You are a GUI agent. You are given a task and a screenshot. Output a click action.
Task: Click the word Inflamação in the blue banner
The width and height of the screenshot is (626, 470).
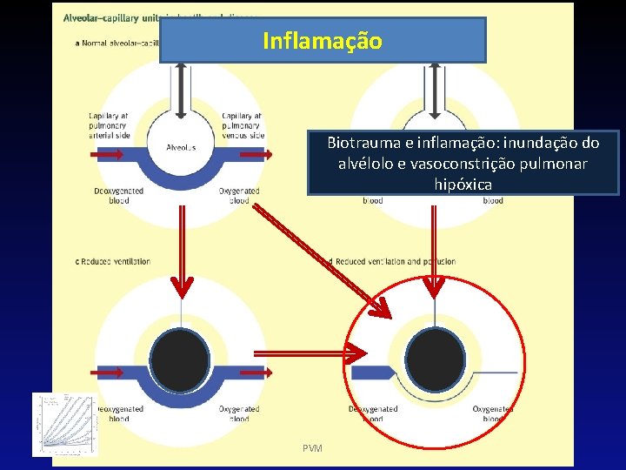click(322, 41)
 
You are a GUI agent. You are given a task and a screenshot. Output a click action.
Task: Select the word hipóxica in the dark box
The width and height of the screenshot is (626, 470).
click(463, 185)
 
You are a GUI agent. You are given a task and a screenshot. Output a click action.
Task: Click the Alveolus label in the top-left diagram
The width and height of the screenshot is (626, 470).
click(181, 147)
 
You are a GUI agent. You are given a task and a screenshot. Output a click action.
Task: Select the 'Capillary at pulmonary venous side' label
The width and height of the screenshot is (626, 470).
click(243, 125)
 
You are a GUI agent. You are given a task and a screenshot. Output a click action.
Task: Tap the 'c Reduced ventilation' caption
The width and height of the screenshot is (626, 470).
click(112, 261)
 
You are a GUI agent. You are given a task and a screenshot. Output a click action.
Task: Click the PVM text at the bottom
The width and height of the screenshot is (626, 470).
click(312, 447)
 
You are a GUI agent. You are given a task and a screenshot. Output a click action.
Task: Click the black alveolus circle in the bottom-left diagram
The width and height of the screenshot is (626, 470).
click(179, 360)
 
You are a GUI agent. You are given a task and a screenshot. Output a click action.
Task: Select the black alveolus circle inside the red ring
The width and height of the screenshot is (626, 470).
click(435, 360)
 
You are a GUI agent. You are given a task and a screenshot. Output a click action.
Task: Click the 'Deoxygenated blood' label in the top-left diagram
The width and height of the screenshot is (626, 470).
click(114, 196)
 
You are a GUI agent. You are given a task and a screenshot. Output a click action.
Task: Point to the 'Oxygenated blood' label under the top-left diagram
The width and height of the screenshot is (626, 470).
click(239, 196)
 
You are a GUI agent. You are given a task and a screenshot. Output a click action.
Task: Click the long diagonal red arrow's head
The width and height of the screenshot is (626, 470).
click(380, 308)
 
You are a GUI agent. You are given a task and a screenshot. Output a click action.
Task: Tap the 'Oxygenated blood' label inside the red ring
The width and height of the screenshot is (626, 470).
click(492, 413)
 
